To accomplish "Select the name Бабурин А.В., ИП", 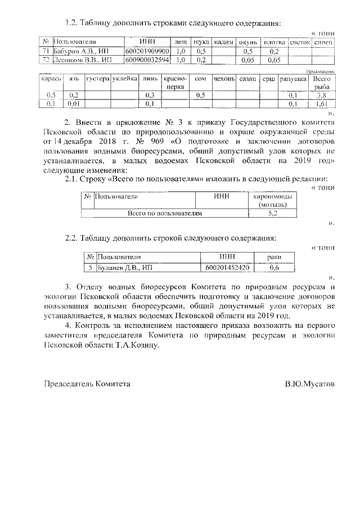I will (x=79, y=51).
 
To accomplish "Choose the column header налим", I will (x=224, y=42).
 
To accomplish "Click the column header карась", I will (x=50, y=80).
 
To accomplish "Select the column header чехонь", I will (x=224, y=80).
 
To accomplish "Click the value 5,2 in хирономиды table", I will (x=272, y=214).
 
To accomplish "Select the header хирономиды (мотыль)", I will (x=272, y=201).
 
